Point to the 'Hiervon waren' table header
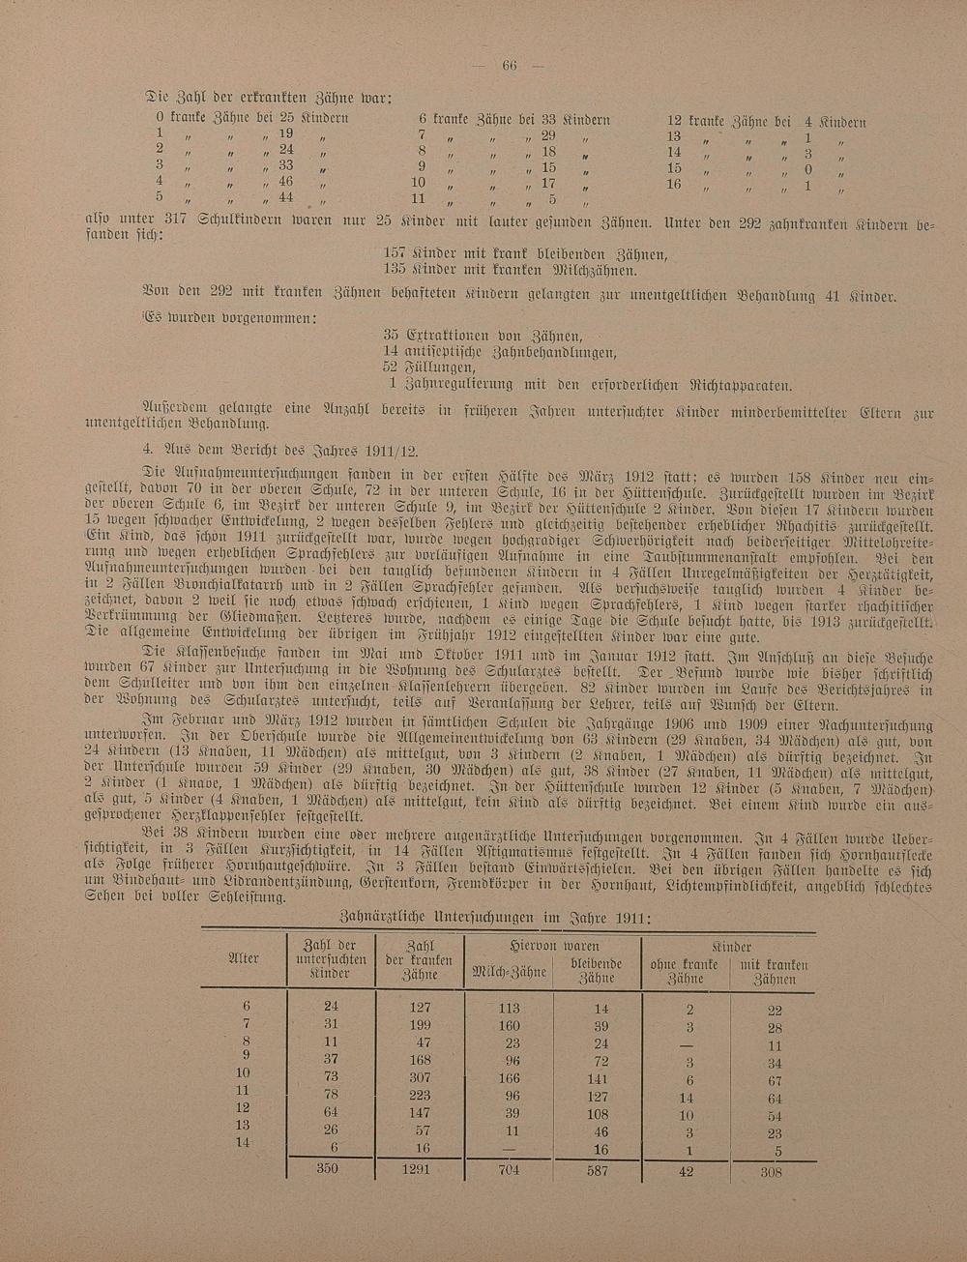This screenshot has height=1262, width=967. [555, 946]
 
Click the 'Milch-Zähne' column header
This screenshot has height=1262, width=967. [508, 971]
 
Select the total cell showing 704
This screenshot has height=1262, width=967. [508, 1169]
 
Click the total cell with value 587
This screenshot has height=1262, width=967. [600, 1170]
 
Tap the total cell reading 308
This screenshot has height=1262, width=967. [771, 1171]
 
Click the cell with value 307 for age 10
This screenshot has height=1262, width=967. [419, 1075]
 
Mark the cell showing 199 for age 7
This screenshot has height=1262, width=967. [419, 1024]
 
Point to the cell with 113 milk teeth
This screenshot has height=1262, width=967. [508, 1008]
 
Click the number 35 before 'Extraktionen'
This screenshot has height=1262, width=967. [393, 334]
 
